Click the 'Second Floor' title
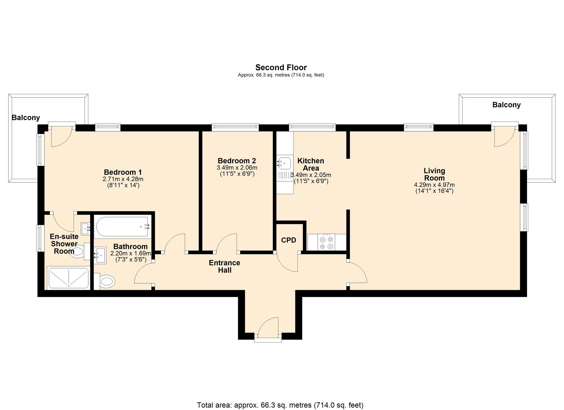coord(281,67)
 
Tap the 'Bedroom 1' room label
coord(123,172)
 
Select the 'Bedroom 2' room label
coord(237,161)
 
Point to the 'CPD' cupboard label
coord(288,240)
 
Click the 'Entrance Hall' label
coord(224,266)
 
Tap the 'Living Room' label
coord(434,174)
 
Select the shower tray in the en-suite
coord(69,278)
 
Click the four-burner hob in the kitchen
coord(327,242)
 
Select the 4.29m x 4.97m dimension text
coord(434,185)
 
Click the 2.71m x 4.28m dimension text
coord(123,179)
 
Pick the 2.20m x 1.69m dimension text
coord(131,253)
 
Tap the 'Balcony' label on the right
coord(506,105)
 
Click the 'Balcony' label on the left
coord(26,118)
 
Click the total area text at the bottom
coord(280,405)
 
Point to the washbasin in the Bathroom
coord(100,255)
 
